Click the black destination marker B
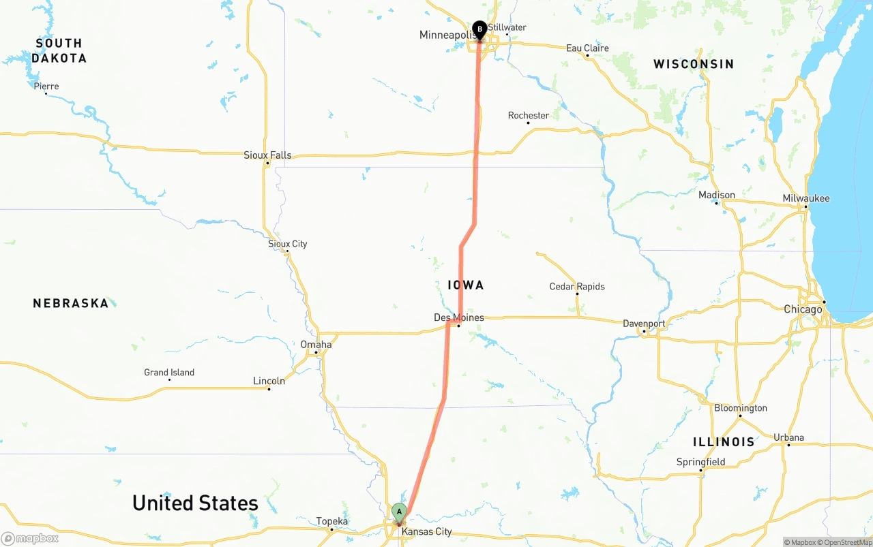pyautogui.click(x=479, y=29)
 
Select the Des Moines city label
pyautogui.click(x=459, y=317)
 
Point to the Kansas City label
pyautogui.click(x=426, y=531)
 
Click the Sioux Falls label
pyautogui.click(x=267, y=155)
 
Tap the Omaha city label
pyautogui.click(x=316, y=345)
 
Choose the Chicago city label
pyautogui.click(x=803, y=309)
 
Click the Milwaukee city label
pyautogui.click(x=806, y=198)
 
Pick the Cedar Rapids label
pyautogui.click(x=577, y=286)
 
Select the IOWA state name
pyautogui.click(x=466, y=285)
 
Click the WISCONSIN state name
pyautogui.click(x=694, y=64)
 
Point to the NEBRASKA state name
pyautogui.click(x=71, y=303)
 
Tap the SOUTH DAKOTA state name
pyautogui.click(x=59, y=50)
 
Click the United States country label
pyautogui.click(x=195, y=503)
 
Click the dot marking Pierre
pyautogui.click(x=46, y=93)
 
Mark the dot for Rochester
pyautogui.click(x=528, y=123)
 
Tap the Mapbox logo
pyautogui.click(x=30, y=539)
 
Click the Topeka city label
pyautogui.click(x=332, y=522)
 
